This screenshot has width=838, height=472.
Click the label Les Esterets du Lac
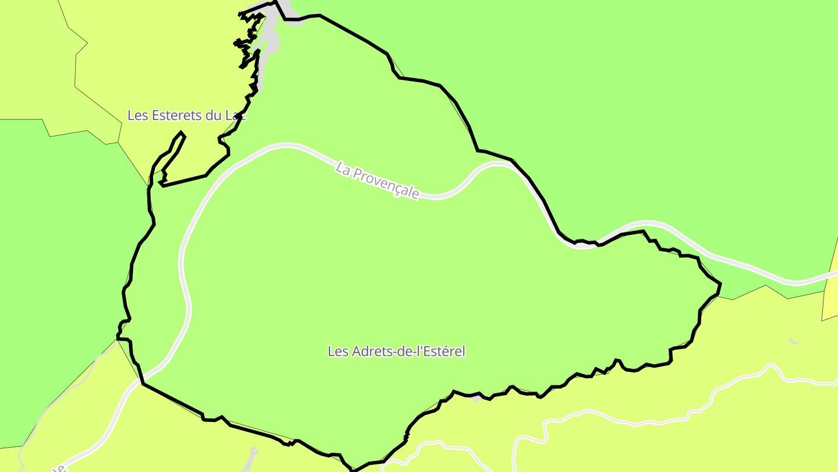186,115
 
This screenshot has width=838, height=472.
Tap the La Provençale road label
377,181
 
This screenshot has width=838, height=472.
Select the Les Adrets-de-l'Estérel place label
396,351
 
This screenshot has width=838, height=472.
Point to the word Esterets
177,115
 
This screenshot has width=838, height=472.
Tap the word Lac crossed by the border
236,115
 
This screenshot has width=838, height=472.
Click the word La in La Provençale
343,170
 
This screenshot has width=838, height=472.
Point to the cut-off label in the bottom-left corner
58,468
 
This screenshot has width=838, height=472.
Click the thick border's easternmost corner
720,284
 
